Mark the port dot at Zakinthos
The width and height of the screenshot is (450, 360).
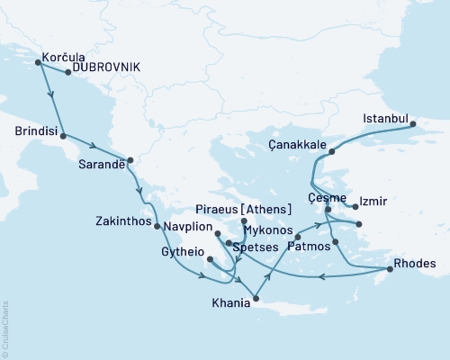coord(157,226)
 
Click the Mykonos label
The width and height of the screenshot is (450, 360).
coord(265,229)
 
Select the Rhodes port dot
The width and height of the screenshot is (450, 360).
coord(389,269)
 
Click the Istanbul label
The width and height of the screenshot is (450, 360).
coord(385,118)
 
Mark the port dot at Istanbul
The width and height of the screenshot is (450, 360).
coord(414,125)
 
